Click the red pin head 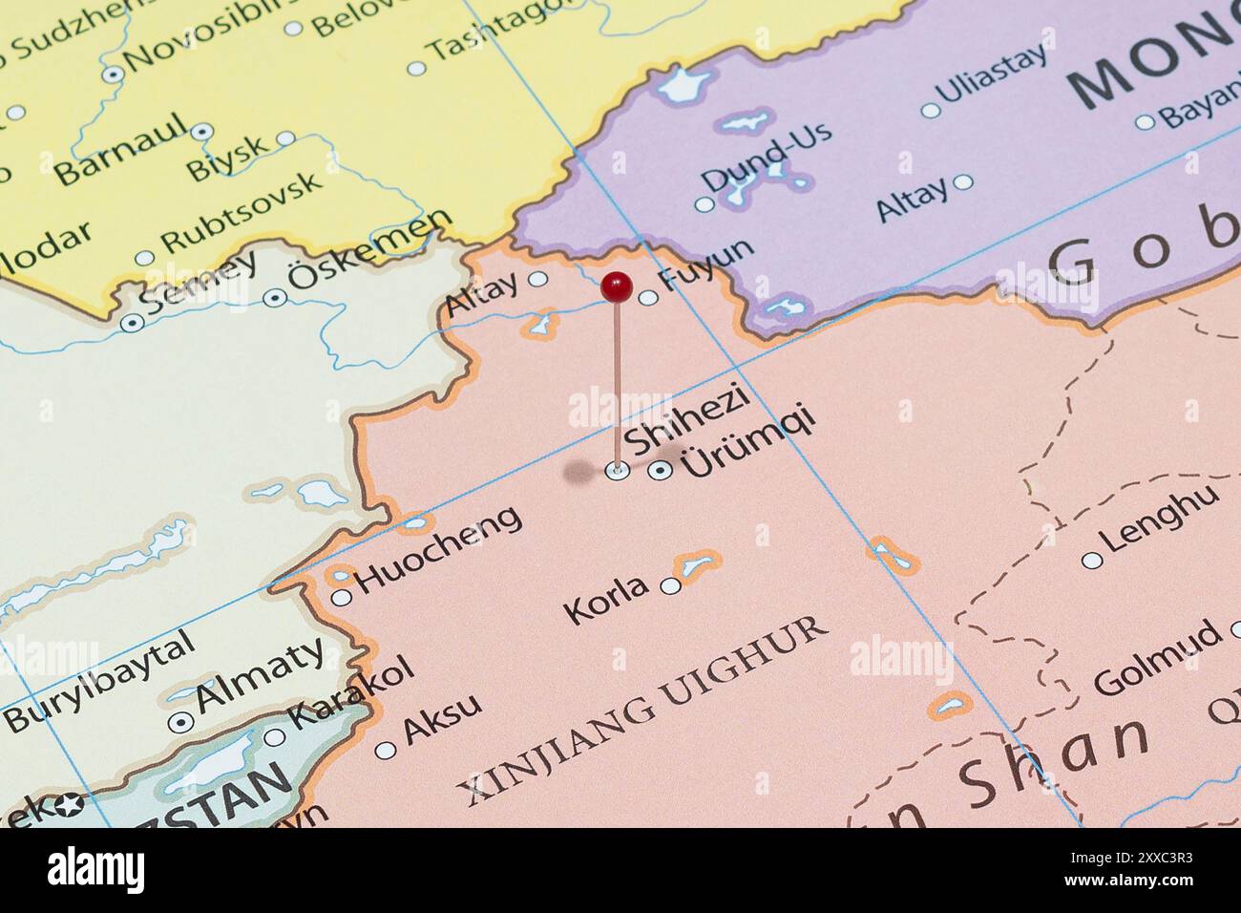pos(617,285)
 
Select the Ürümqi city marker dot pos(659,470)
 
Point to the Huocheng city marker pos(341,598)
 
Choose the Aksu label pos(441,719)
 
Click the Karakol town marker pos(275,736)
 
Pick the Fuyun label pos(706,264)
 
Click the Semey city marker pos(131,323)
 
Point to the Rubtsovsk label pos(242,213)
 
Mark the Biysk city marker pos(285,138)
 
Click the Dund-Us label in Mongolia pos(766,156)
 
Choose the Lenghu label pos(1160,518)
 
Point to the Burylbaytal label pos(99,684)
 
